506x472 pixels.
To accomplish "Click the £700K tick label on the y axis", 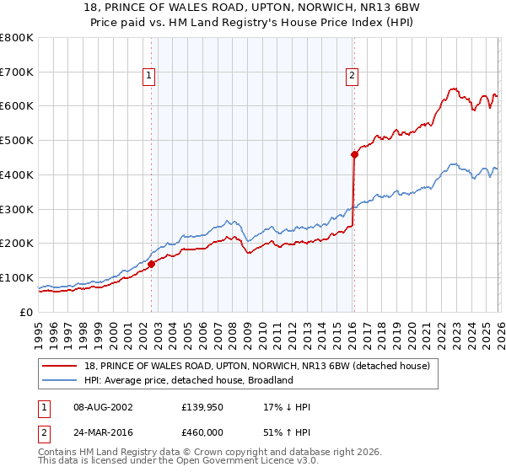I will [x=17, y=72].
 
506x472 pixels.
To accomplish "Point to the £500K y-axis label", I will [x=17, y=140].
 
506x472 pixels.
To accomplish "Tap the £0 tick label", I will [x=25, y=312].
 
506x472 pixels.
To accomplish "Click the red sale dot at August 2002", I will [x=152, y=264].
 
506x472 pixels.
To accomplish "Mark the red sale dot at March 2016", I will [x=354, y=154].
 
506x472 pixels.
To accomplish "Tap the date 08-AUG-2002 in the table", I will [x=100, y=407].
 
